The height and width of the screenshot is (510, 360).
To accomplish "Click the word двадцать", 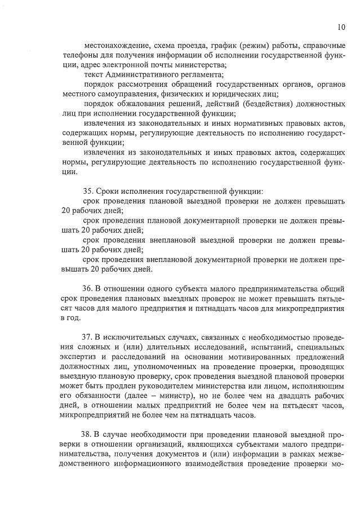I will click(289, 395).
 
